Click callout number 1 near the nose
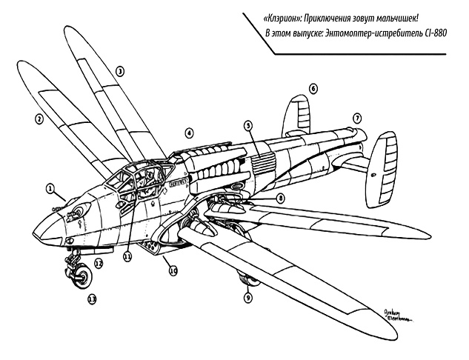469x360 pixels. click(x=50, y=189)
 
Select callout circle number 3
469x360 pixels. click(x=120, y=72)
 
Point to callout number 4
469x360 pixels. click(x=190, y=133)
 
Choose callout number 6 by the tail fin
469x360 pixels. click(x=313, y=89)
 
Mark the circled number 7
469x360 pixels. click(x=356, y=118)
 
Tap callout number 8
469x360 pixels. click(x=281, y=199)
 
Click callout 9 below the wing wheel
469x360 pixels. click(x=247, y=297)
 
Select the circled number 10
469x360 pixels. click(x=173, y=271)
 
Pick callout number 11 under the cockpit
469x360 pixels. click(x=127, y=256)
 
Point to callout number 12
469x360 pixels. click(x=98, y=263)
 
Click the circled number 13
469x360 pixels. click(x=92, y=299)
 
